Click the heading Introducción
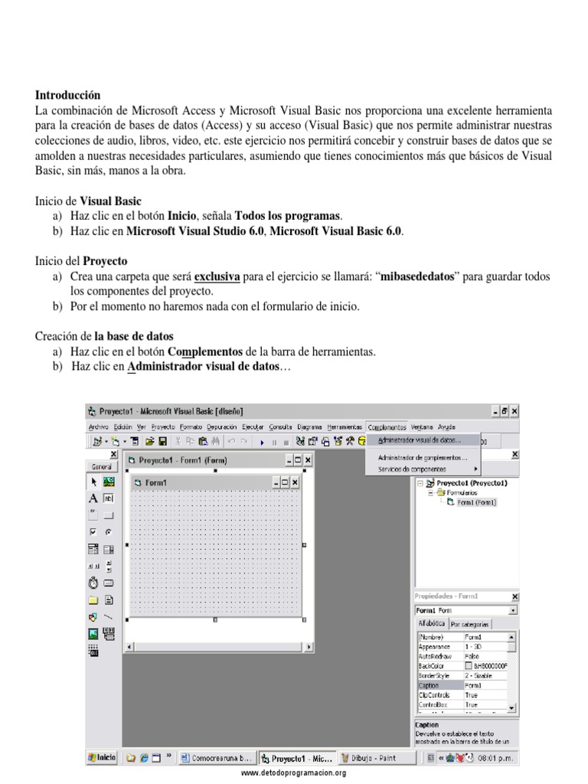coord(67,96)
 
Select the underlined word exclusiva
coord(217,276)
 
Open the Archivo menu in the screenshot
coord(98,426)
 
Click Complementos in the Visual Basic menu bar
coord(387,426)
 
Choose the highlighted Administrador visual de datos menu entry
coord(420,441)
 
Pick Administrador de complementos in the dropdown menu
coord(423,457)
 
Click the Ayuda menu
coord(446,426)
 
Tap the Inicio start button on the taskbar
coord(102,757)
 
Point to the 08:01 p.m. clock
coord(497,758)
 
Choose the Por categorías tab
coord(471,624)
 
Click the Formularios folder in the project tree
coord(462,493)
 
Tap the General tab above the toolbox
coord(102,466)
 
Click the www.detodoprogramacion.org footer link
coord(293,773)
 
